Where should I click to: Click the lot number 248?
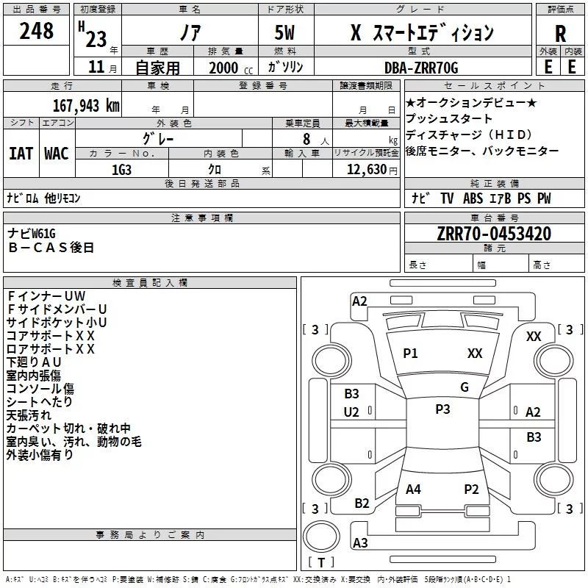(36, 31)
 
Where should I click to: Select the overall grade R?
(560, 34)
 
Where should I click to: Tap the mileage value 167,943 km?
(86, 106)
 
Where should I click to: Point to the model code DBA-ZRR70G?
(421, 68)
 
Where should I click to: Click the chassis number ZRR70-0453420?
(494, 234)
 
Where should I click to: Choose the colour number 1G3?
(121, 170)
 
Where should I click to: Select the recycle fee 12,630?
(367, 170)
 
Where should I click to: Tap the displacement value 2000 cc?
(231, 68)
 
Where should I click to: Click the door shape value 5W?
(284, 32)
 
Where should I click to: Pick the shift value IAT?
(21, 154)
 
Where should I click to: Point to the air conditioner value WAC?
(57, 154)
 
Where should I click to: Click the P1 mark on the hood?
(410, 353)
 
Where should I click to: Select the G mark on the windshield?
(465, 387)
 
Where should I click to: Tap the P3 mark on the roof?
(442, 409)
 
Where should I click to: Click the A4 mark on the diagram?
(413, 490)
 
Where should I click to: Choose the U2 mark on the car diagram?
(351, 412)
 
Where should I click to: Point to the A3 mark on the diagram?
(360, 542)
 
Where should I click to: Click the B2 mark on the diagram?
(362, 503)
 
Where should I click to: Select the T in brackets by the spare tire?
(321, 563)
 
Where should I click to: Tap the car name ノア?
(190, 32)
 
